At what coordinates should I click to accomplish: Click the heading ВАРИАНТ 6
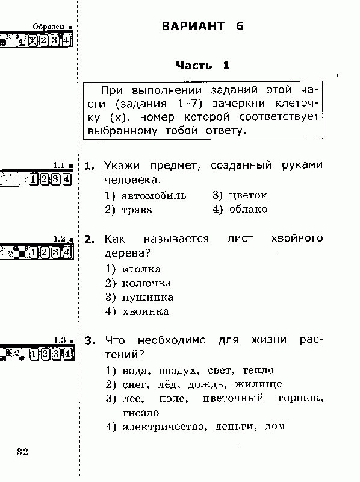(203, 26)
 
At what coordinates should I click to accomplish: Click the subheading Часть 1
(203, 66)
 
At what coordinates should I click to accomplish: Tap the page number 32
(22, 452)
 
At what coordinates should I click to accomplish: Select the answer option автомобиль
(154, 195)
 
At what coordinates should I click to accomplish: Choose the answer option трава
(137, 210)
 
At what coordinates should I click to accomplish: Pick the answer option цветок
(248, 195)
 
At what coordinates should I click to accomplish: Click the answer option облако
(248, 209)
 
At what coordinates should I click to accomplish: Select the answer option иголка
(141, 269)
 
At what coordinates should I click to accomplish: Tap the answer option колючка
(146, 283)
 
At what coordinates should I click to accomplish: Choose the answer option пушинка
(147, 298)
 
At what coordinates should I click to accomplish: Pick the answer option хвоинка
(146, 311)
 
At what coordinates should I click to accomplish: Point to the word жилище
(258, 384)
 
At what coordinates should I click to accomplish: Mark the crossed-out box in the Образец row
(33, 40)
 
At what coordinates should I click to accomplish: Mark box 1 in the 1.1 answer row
(33, 179)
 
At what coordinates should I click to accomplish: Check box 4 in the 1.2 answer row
(67, 252)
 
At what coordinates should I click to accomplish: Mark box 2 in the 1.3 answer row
(45, 354)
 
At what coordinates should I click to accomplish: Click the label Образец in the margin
(49, 27)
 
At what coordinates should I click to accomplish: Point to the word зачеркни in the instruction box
(238, 103)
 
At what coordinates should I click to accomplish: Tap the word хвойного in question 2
(297, 239)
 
